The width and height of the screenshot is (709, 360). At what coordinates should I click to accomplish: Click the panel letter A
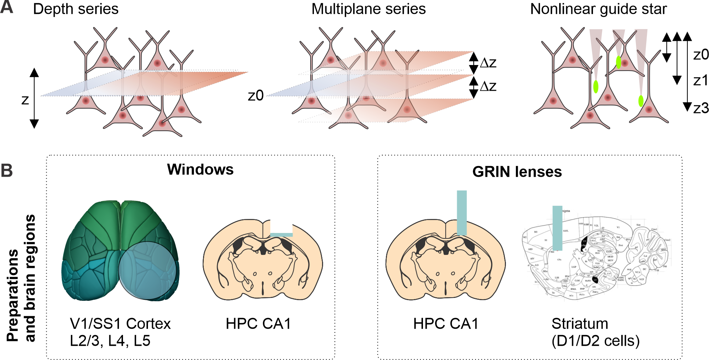7,7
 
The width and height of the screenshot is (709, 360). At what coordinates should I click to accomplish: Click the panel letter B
7,171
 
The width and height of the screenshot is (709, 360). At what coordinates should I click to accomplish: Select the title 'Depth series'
76,9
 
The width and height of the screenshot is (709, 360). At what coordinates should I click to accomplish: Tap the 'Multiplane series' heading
368,9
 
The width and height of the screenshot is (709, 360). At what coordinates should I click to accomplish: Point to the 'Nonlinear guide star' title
598,9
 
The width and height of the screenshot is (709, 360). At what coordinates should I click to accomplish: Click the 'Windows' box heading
200,169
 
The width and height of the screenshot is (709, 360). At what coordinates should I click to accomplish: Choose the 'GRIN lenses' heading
517,172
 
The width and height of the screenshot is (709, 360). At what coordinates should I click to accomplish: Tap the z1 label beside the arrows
701,80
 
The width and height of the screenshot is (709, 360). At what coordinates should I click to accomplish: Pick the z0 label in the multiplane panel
256,96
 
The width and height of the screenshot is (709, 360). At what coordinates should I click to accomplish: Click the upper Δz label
488,63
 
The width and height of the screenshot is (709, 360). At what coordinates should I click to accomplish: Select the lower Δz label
488,86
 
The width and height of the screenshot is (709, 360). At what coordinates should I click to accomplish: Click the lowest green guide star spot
641,101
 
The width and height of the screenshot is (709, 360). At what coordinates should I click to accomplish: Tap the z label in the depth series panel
25,100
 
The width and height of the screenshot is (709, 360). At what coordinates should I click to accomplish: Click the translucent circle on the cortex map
147,271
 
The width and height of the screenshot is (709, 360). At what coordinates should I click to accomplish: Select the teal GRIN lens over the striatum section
557,228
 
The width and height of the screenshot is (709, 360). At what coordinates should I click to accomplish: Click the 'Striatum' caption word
580,324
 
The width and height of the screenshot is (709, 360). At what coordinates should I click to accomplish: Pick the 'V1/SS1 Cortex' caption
120,324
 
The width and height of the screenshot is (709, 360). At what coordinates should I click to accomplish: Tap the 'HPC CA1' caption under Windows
258,324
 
